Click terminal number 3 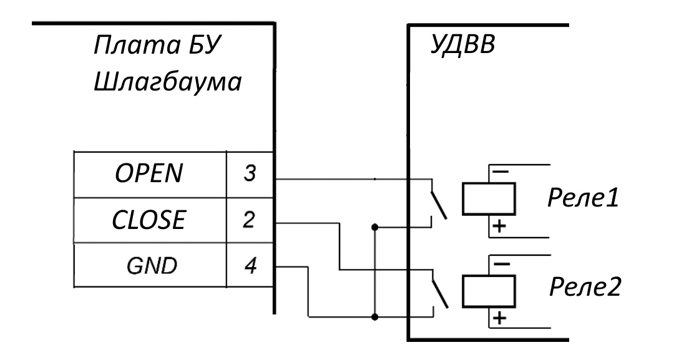click(249, 174)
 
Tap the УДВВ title click(462, 46)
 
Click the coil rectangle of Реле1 click(489, 198)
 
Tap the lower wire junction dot click(375, 316)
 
